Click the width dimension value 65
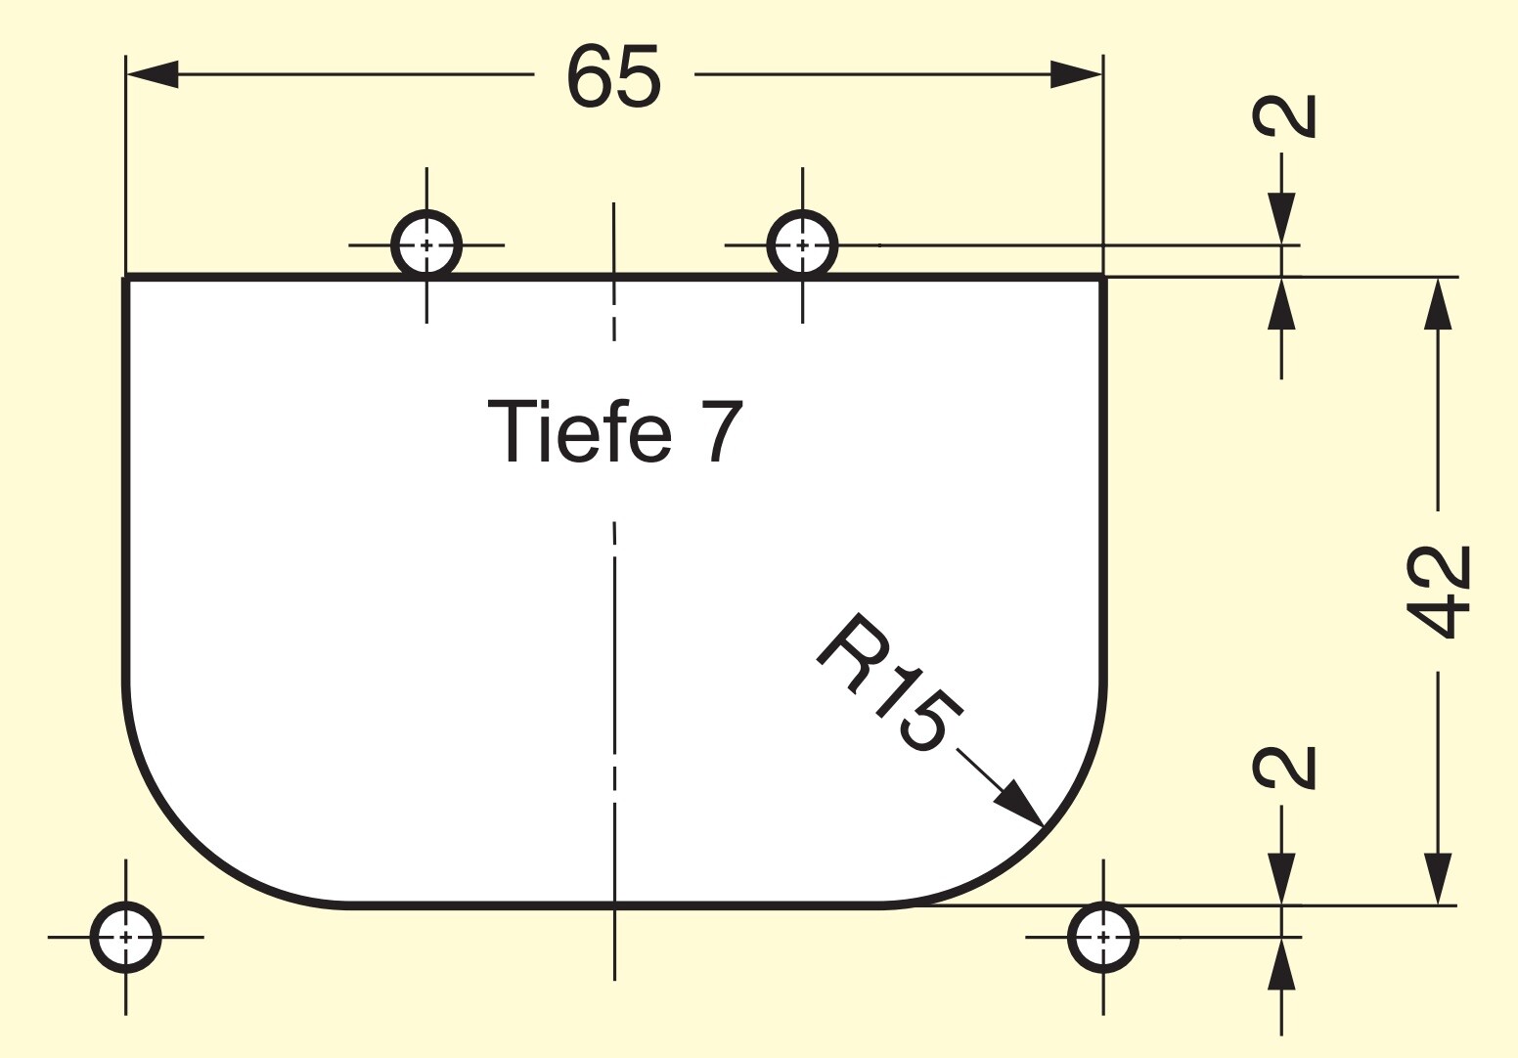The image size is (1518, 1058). [613, 75]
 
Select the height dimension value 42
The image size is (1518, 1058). [1438, 591]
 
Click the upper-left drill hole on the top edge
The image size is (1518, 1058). [426, 244]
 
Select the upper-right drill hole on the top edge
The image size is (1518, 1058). [802, 244]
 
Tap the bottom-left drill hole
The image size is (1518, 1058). [125, 938]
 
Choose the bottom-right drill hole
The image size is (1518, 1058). [1103, 938]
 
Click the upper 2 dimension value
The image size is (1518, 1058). [1284, 116]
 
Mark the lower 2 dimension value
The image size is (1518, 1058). [1284, 768]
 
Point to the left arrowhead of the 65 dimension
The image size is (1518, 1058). [153, 74]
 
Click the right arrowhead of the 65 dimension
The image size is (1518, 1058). [1076, 74]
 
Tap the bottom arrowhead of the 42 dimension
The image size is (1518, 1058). [1438, 878]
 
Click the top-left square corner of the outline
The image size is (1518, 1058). [126, 278]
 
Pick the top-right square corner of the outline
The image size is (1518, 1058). [1103, 278]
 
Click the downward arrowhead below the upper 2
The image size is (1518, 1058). [1281, 218]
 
